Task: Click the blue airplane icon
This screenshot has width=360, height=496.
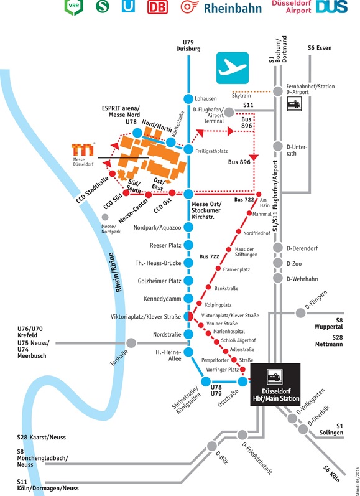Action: click(x=233, y=68)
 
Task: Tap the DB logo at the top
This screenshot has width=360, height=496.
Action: click(x=157, y=7)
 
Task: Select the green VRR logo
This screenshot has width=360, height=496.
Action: click(x=73, y=7)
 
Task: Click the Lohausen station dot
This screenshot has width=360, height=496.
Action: click(x=188, y=99)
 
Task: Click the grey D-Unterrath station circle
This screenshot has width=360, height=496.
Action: click(x=277, y=146)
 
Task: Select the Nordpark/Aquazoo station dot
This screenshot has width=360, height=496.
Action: click(x=188, y=227)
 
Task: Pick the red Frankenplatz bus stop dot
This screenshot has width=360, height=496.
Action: click(x=218, y=269)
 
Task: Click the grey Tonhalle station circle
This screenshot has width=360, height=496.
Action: click(x=131, y=343)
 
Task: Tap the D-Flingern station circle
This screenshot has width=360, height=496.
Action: click(x=300, y=313)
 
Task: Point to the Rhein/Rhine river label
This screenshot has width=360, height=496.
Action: click(x=119, y=272)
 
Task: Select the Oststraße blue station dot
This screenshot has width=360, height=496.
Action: click(x=242, y=381)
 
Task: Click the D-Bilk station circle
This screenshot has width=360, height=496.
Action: click(x=212, y=446)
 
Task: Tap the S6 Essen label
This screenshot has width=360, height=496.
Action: click(x=320, y=48)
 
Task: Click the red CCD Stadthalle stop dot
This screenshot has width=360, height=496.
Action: click(x=112, y=174)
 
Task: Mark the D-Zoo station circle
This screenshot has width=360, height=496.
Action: click(x=277, y=263)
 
